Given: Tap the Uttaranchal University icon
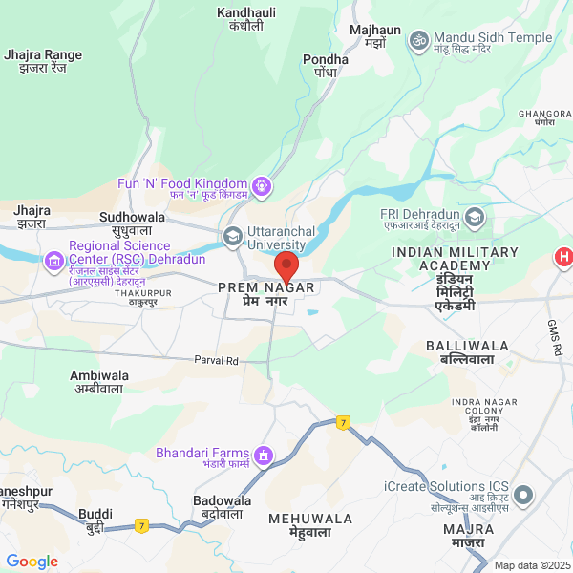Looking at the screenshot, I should coord(232,236).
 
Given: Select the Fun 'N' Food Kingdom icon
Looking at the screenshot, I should coord(263,184).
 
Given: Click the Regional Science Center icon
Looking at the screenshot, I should coord(54,259).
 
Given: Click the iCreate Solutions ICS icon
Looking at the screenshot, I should coord(522,496).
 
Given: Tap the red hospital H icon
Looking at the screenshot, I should coord(564,257).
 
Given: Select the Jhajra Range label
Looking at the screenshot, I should coord(43,61).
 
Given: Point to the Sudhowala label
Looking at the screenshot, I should coord(132,223).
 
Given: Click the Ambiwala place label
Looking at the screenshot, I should coord(99,382).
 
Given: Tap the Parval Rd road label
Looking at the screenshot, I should coord(216,361).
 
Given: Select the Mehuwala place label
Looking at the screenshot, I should coord(310,525).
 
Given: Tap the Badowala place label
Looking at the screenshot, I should coord(222,507).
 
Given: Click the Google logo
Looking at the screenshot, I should coord(32,562).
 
